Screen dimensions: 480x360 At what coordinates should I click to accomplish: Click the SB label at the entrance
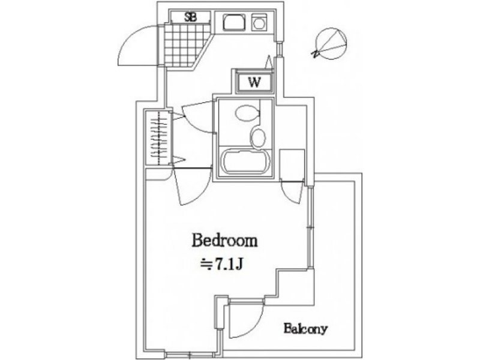[190, 17]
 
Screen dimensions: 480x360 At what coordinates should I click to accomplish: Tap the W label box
[254, 82]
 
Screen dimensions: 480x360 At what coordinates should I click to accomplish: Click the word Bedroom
[224, 241]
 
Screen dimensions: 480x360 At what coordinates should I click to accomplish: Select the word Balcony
[305, 329]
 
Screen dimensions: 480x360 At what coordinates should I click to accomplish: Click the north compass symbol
[331, 43]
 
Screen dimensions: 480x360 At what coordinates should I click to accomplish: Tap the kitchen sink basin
[234, 22]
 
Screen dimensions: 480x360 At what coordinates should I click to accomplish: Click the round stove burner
[260, 23]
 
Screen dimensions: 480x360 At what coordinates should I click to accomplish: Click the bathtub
[247, 161]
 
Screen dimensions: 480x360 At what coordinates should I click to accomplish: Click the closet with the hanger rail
[158, 139]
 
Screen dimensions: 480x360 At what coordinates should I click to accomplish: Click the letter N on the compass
[314, 54]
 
